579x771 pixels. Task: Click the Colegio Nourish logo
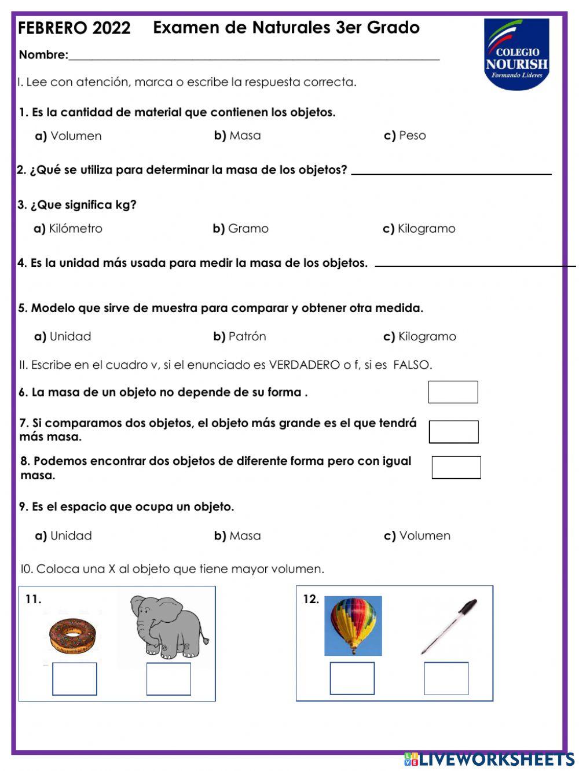pyautogui.click(x=516, y=54)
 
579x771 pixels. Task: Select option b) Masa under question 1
pyautogui.click(x=237, y=135)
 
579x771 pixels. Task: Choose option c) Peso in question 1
pyautogui.click(x=405, y=135)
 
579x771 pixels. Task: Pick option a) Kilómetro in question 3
pyautogui.click(x=68, y=229)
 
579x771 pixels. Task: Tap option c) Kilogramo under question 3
pyautogui.click(x=419, y=229)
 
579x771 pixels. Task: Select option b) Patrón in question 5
pyautogui.click(x=240, y=336)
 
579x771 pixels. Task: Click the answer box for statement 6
pyautogui.click(x=453, y=392)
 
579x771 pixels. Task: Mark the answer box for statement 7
pyautogui.click(x=453, y=432)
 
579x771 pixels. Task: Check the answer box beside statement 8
pyautogui.click(x=456, y=468)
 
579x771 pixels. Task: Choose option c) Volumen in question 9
pyautogui.click(x=417, y=536)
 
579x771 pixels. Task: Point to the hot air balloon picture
pyautogui.click(x=353, y=626)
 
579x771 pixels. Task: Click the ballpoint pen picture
pyautogui.click(x=449, y=627)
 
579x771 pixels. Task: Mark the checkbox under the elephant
pyautogui.click(x=168, y=679)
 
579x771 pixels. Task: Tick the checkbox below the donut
pyautogui.click(x=75, y=679)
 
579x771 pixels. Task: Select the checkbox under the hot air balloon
pyautogui.click(x=352, y=678)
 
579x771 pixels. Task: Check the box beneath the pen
pyautogui.click(x=446, y=678)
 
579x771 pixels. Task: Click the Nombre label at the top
pyautogui.click(x=43, y=55)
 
